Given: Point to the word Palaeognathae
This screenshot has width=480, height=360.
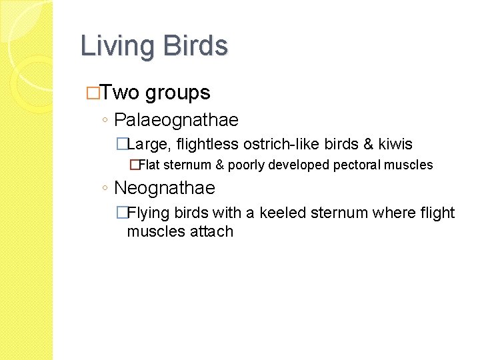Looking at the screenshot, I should point(176,121).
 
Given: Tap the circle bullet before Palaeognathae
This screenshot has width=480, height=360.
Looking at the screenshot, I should point(107,121).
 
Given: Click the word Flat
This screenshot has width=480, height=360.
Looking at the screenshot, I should point(148,165).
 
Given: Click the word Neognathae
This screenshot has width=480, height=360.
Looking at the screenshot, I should point(165,188).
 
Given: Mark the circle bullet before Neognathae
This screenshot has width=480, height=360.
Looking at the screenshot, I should point(107,189).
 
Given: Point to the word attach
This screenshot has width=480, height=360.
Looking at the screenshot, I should point(211,232).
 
